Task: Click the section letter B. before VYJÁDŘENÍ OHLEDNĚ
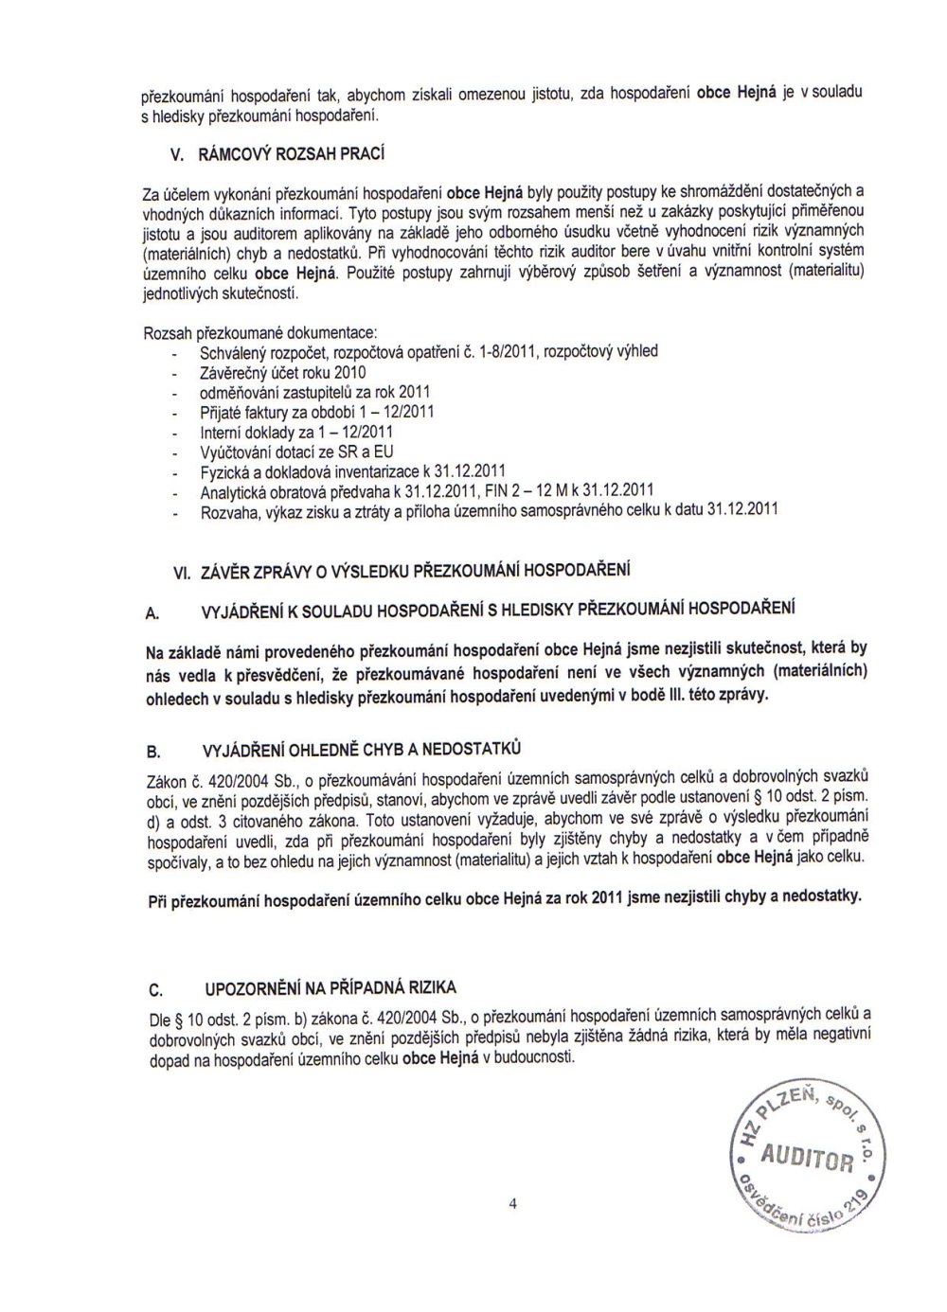[152, 753]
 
